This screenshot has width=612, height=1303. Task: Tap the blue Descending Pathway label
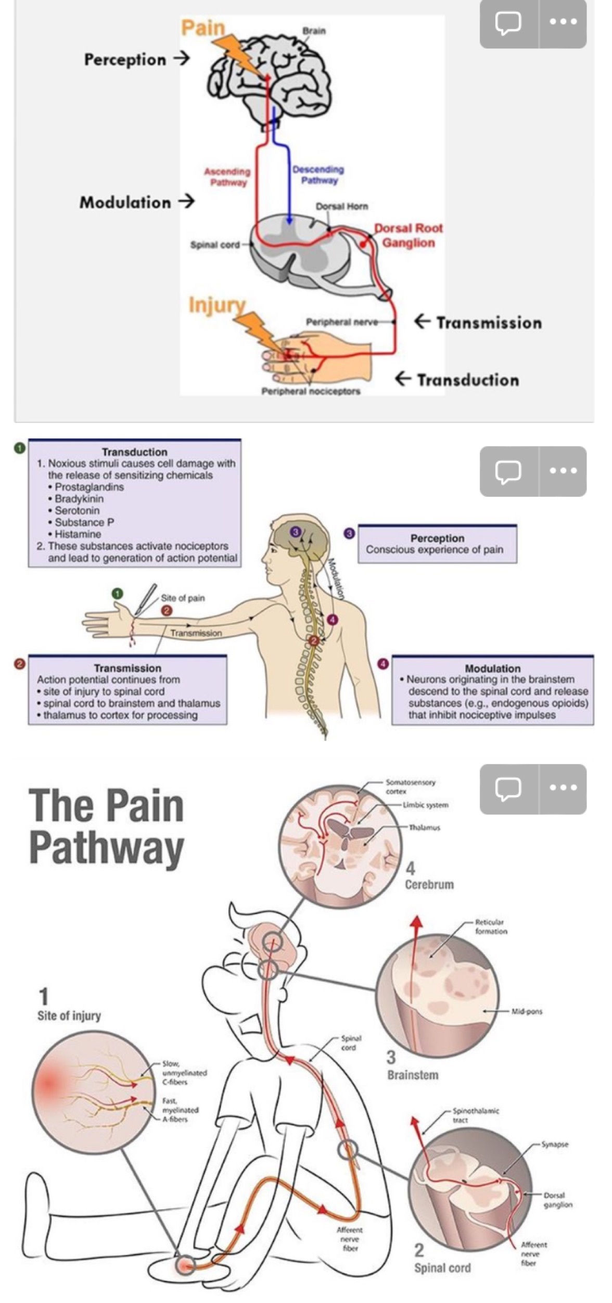318,175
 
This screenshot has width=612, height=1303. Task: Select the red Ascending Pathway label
227,177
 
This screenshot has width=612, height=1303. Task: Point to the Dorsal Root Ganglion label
409,235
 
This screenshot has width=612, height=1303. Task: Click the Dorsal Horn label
342,206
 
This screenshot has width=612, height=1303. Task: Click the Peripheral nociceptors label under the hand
311,391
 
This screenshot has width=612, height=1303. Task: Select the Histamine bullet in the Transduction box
78,534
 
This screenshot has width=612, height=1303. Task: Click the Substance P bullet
84,522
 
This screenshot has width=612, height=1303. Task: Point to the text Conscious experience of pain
435,549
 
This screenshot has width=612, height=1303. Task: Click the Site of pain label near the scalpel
183,598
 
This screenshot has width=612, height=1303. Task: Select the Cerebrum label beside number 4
429,884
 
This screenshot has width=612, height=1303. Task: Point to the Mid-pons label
527,1011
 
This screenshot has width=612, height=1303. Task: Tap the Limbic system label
425,805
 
